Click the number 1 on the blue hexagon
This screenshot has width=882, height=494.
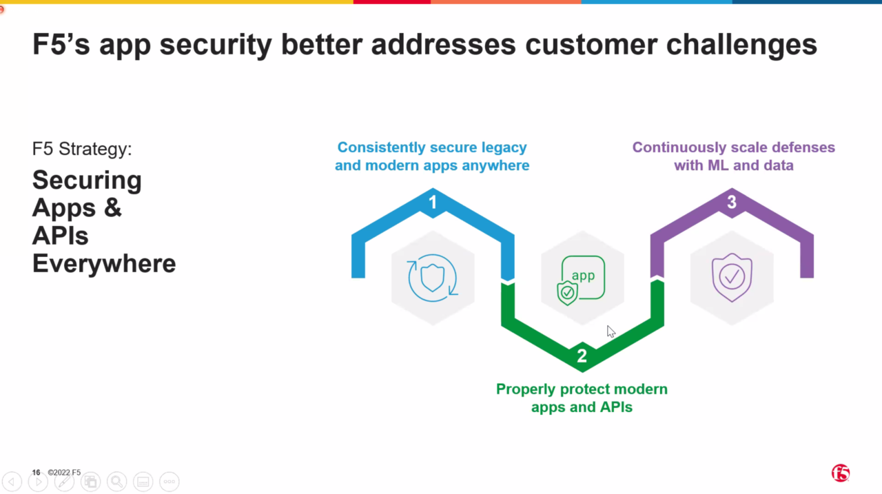433,202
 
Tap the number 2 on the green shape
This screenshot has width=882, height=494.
582,356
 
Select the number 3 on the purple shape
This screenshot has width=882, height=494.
732,202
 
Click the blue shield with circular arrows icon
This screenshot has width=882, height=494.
433,278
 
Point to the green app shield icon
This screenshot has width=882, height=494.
582,279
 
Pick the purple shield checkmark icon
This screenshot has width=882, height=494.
732,278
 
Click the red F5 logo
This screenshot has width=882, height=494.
840,473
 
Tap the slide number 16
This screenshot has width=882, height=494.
36,473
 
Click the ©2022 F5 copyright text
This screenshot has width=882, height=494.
64,473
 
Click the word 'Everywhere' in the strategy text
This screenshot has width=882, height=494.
104,263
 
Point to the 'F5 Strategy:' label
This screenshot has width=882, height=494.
82,149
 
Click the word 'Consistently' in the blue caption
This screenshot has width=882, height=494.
381,147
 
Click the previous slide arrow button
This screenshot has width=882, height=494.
12,482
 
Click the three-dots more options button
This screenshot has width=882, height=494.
169,482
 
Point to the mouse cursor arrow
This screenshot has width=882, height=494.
611,331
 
